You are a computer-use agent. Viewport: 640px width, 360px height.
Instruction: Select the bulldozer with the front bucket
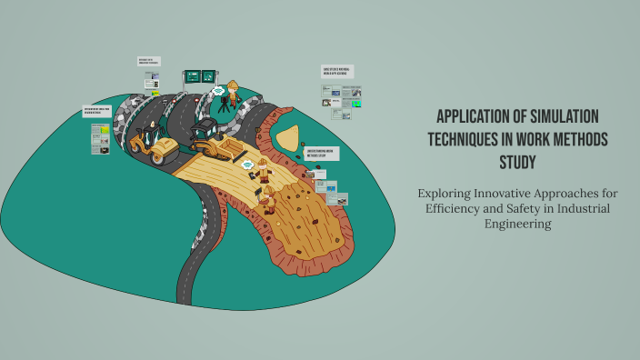(x=211, y=138)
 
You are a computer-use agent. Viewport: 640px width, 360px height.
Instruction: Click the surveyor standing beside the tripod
(x=234, y=93)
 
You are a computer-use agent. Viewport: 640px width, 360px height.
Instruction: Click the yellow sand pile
(x=291, y=137)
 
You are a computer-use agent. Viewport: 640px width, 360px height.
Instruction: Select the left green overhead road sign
(x=192, y=76)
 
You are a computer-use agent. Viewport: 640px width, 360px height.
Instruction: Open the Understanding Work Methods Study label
(x=321, y=154)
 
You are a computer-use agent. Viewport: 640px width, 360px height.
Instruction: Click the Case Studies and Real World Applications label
(x=337, y=71)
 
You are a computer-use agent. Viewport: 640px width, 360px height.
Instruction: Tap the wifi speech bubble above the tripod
(x=218, y=90)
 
